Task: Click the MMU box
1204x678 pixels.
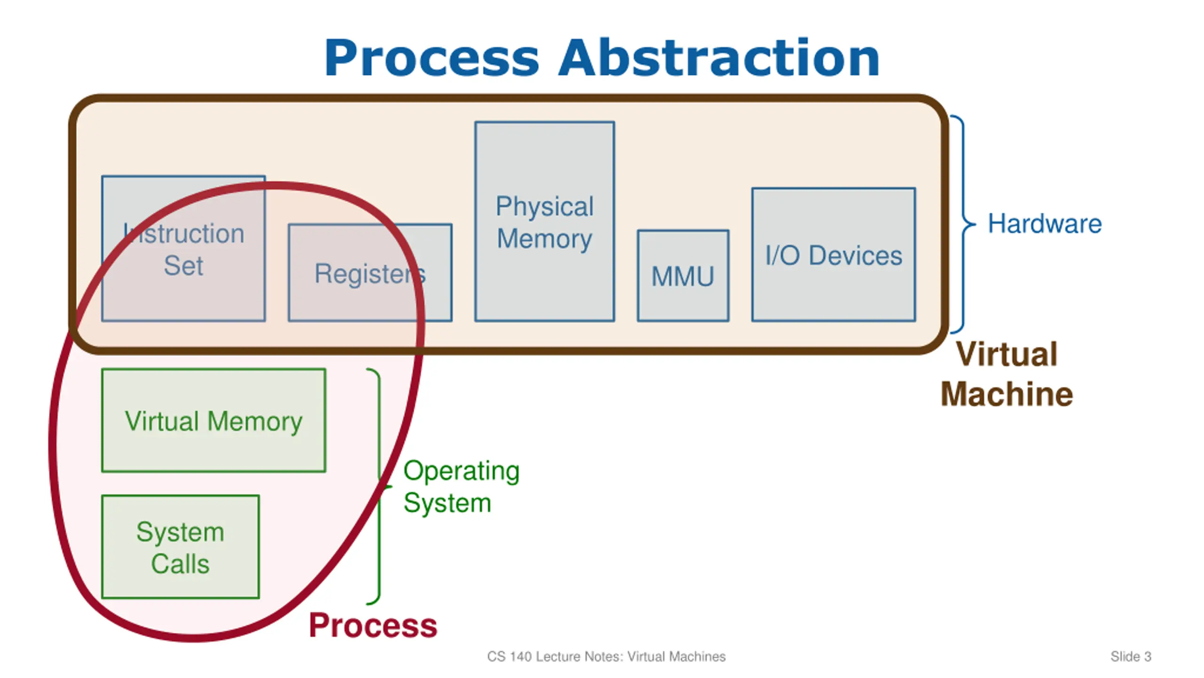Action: pos(683,276)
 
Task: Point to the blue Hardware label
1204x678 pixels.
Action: pos(1045,224)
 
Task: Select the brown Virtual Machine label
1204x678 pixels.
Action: pos(1007,374)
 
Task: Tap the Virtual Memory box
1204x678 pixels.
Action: pos(214,420)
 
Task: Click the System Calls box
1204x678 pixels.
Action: pos(181,547)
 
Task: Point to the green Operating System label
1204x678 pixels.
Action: pos(461,486)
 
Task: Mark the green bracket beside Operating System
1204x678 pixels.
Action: pos(379,486)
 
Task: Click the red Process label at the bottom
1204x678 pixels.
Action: pos(373,625)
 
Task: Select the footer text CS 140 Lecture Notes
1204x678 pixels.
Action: pos(606,656)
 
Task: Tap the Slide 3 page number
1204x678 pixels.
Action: pos(1131,656)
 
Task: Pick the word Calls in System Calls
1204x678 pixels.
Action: pos(180,564)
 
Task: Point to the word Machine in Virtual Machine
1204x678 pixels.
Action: pos(1007,394)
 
